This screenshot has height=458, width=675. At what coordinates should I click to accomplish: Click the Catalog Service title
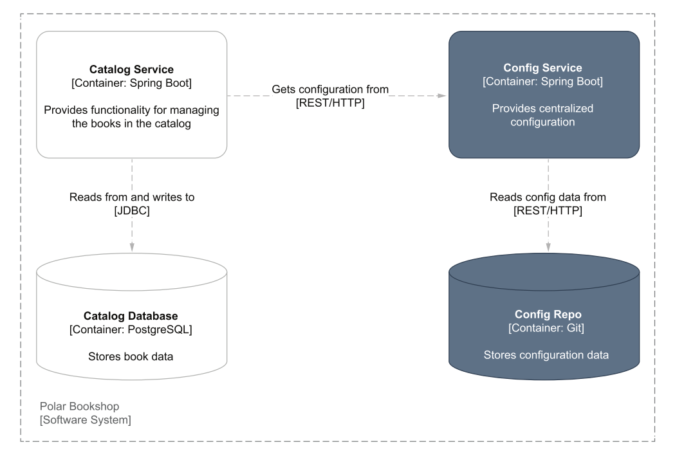click(131, 69)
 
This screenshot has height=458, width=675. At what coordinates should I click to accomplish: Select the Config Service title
click(542, 68)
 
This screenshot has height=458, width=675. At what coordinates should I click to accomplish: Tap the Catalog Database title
click(131, 316)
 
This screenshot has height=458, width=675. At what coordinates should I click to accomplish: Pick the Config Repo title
click(548, 314)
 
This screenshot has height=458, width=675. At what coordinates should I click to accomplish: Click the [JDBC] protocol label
click(132, 210)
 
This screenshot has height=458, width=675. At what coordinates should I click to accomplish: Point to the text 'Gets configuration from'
click(330, 89)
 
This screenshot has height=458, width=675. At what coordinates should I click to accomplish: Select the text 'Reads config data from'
click(548, 197)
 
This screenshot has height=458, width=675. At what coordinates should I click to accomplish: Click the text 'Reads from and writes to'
click(132, 197)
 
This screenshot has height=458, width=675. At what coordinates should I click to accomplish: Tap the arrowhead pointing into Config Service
click(441, 96)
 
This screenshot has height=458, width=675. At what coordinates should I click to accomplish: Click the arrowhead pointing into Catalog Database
click(132, 247)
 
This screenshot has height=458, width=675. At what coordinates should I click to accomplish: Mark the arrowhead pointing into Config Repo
click(548, 247)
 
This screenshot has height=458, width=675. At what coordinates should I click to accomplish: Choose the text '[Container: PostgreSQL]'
click(131, 330)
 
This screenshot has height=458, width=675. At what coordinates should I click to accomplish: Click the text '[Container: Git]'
click(546, 328)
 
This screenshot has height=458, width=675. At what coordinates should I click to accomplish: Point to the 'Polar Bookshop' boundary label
click(79, 407)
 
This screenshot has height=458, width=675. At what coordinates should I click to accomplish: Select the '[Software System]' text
click(85, 419)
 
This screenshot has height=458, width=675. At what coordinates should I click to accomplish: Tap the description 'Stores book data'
click(131, 356)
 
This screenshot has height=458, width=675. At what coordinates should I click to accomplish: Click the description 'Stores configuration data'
click(546, 354)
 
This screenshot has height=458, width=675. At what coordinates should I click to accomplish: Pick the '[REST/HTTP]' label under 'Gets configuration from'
click(330, 103)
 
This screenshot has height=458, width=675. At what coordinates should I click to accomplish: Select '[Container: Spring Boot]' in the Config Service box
click(542, 81)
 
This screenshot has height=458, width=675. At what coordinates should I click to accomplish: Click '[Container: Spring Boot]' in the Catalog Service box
click(131, 82)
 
